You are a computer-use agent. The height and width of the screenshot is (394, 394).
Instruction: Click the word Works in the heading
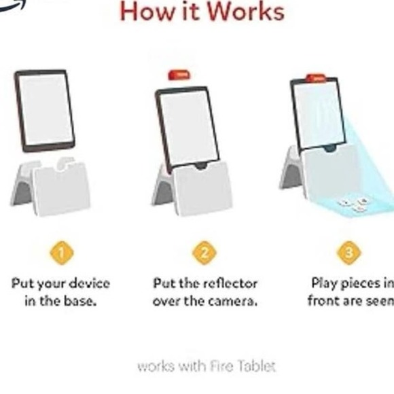245,12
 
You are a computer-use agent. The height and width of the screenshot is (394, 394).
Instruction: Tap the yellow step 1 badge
60,254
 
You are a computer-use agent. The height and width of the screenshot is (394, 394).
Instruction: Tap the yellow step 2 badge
204,254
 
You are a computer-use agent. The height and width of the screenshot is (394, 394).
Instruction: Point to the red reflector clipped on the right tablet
314,78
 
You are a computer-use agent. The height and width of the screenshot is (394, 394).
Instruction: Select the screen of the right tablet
318,114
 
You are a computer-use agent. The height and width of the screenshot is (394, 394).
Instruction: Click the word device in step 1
87,283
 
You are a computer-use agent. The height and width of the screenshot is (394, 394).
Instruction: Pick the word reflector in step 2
225,283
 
